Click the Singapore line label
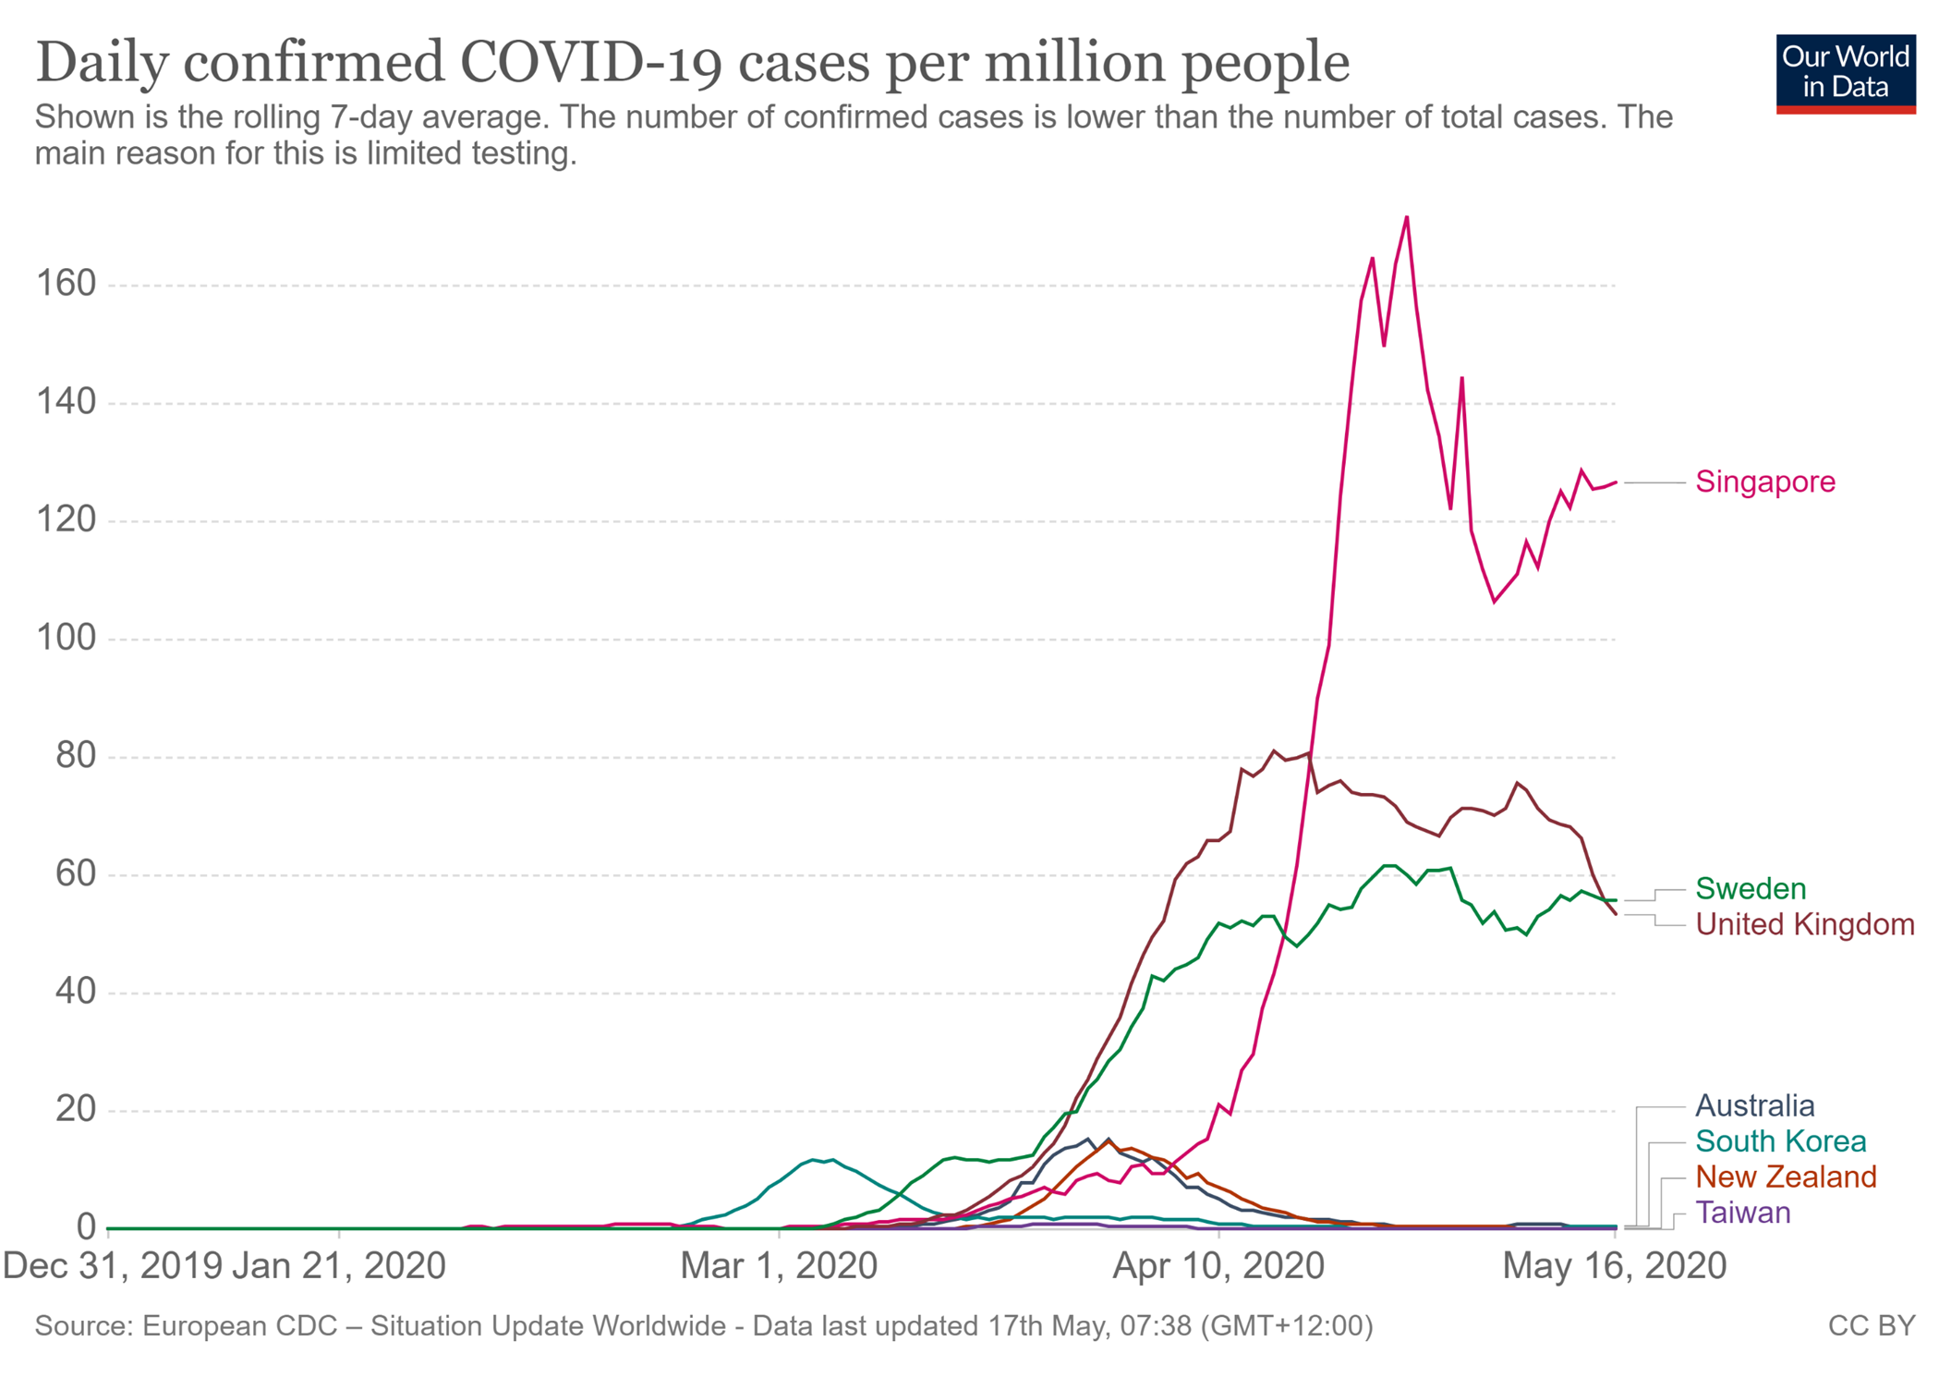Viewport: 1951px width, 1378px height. click(1764, 482)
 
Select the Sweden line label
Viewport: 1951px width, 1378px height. click(1750, 888)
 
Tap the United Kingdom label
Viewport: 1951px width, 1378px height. click(1804, 924)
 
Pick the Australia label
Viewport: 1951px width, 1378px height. click(1754, 1105)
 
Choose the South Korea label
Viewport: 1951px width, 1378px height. click(1780, 1141)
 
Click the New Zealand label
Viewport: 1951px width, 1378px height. click(1786, 1177)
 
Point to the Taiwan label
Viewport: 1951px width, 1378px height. click(1742, 1213)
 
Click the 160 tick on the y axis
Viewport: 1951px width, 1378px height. click(66, 284)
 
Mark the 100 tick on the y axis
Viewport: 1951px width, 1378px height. click(66, 638)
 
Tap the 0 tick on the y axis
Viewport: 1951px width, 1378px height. click(86, 1227)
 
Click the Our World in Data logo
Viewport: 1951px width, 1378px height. click(1845, 73)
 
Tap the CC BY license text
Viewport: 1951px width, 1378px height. click(1871, 1326)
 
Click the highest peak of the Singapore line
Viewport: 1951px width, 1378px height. click(1406, 217)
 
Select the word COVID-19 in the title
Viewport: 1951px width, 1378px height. click(590, 63)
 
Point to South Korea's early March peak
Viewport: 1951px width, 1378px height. click(813, 1159)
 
